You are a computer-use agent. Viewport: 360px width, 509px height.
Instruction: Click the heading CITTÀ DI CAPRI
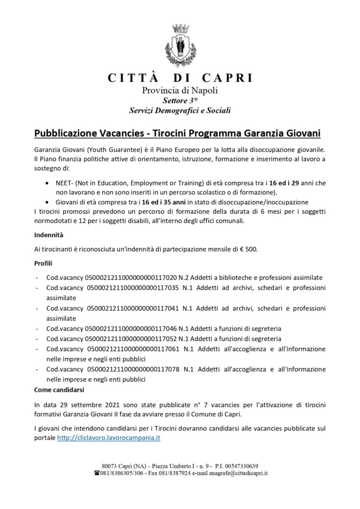point(180,78)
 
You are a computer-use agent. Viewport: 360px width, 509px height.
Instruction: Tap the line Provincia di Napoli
point(180,90)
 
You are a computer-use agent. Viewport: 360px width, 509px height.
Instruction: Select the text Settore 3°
point(180,100)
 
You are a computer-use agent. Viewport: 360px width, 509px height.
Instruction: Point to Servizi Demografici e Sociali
point(180,110)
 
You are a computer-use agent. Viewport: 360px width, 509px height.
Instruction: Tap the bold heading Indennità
point(49,234)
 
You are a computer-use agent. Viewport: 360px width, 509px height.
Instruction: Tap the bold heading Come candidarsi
point(59,390)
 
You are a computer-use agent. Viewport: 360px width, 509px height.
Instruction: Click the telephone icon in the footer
point(97,473)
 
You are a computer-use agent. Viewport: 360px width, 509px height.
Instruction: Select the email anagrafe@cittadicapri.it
point(238,473)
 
